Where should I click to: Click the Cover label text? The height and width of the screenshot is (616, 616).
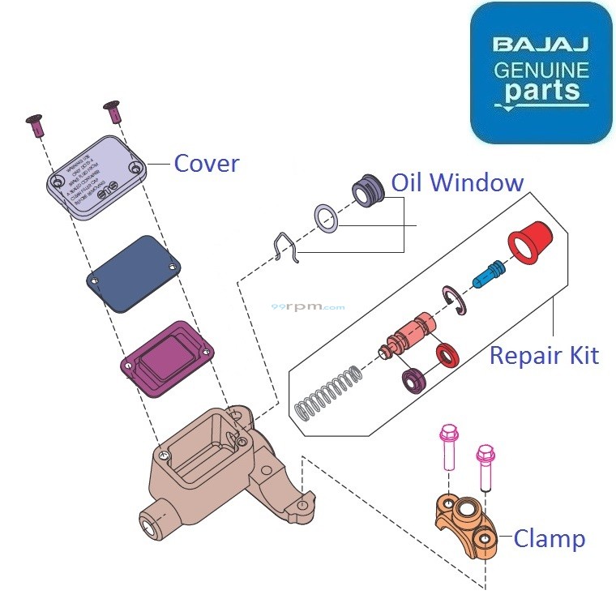(207, 164)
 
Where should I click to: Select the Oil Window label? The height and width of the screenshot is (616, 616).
(457, 182)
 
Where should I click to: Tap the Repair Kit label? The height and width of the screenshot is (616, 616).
(544, 355)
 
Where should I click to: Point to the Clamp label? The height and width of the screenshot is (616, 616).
(549, 538)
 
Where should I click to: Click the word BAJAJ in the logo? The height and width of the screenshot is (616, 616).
(541, 44)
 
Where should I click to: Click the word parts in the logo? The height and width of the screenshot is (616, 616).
(541, 89)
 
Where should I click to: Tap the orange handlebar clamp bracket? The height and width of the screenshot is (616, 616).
(466, 525)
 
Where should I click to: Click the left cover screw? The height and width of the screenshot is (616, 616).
(35, 124)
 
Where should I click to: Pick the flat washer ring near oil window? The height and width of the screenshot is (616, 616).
(327, 219)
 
